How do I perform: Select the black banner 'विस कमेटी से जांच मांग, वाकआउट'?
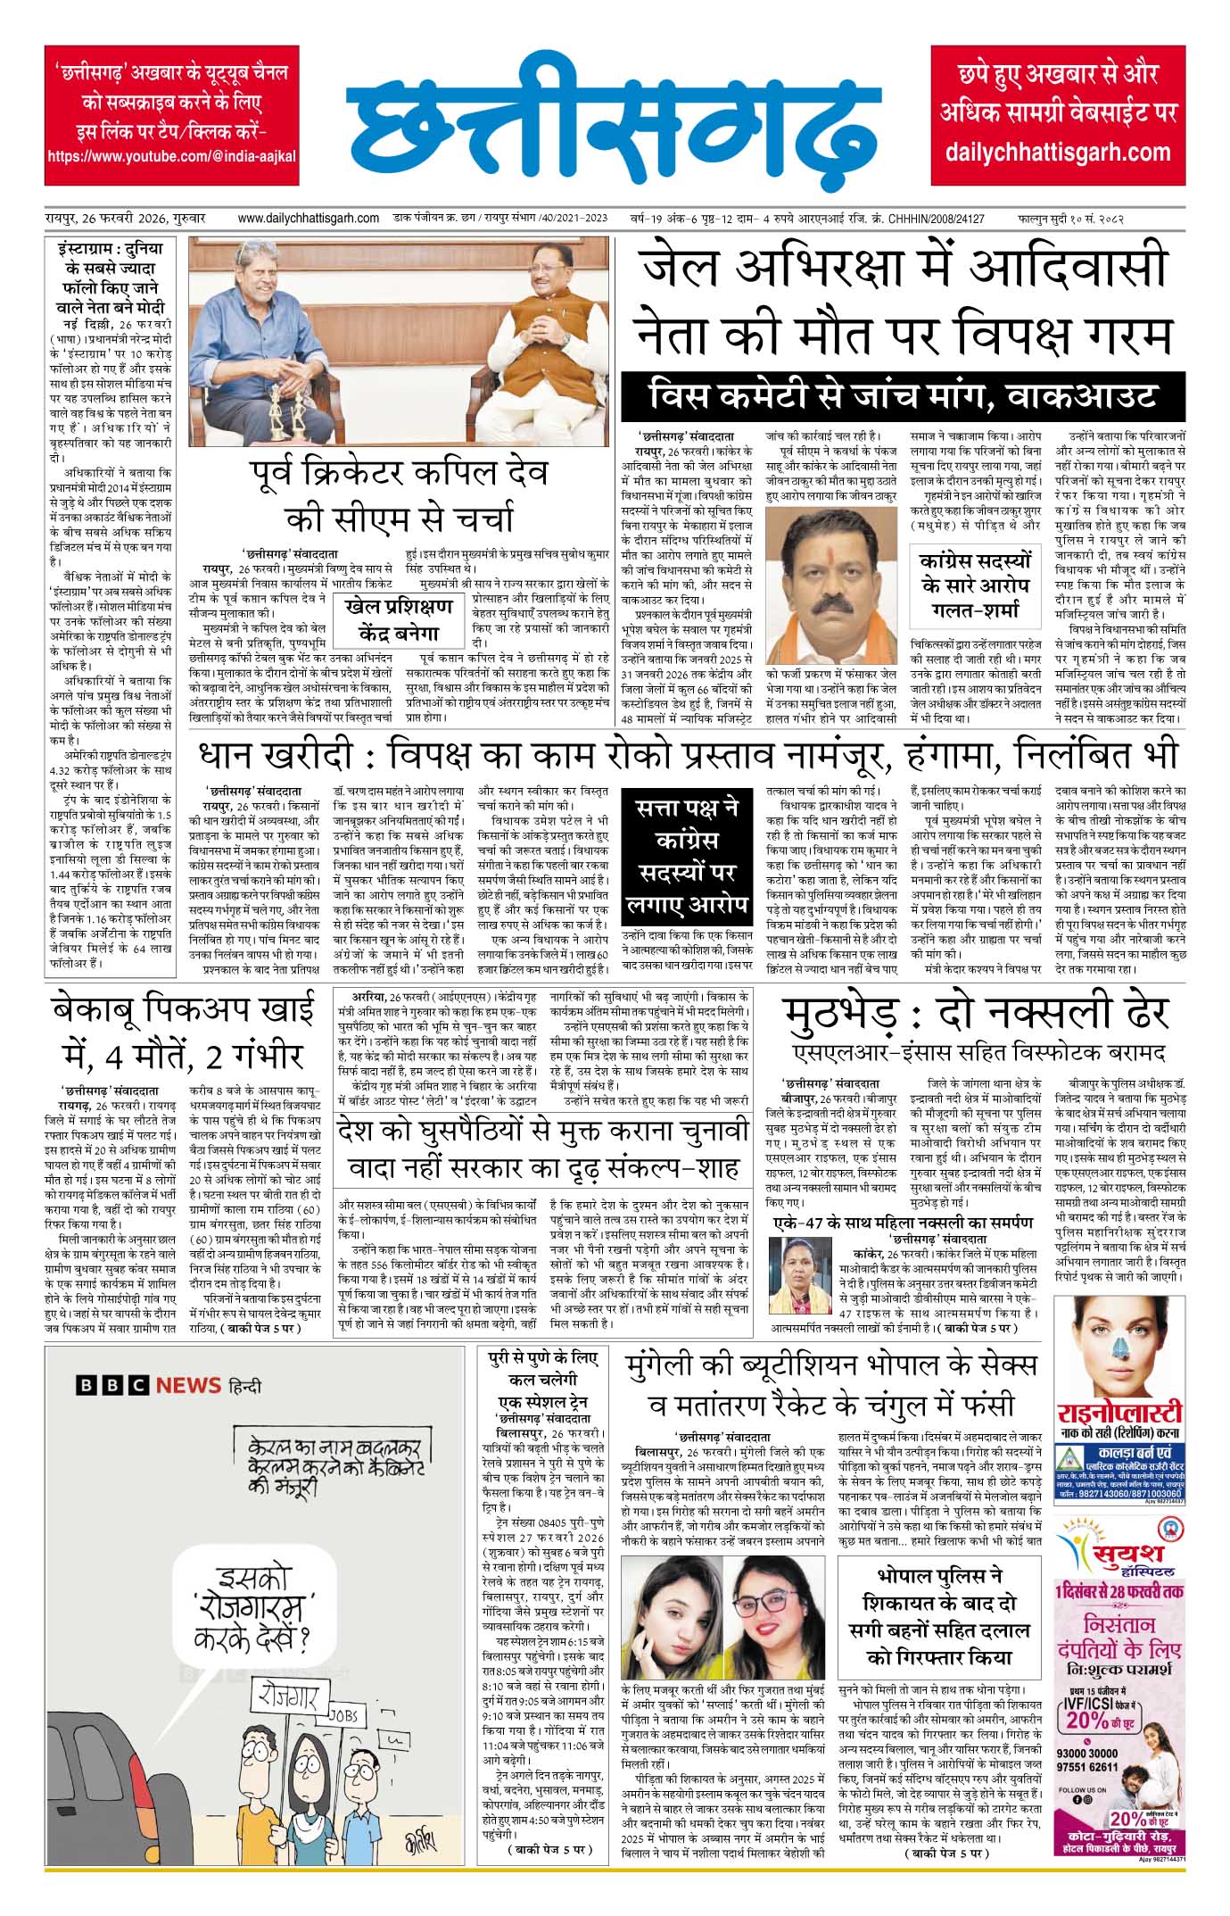pyautogui.click(x=904, y=396)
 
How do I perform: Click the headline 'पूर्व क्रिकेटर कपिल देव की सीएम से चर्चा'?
pyautogui.click(x=397, y=495)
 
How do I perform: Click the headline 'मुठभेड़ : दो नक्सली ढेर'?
pyautogui.click(x=975, y=1014)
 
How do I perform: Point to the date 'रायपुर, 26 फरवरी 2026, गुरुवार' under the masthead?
pyautogui.click(x=126, y=218)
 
